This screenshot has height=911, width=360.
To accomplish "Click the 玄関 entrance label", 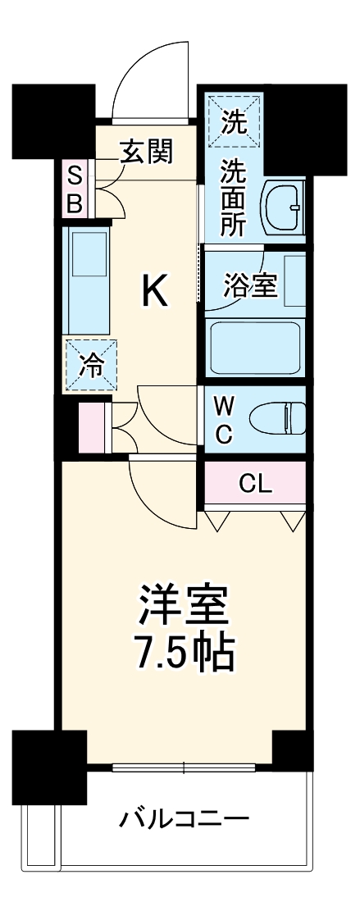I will [147, 152].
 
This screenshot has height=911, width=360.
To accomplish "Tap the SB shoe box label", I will [75, 189].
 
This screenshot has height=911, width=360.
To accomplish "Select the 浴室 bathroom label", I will [250, 285].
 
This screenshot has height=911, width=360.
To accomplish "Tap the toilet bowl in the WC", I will [277, 419].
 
